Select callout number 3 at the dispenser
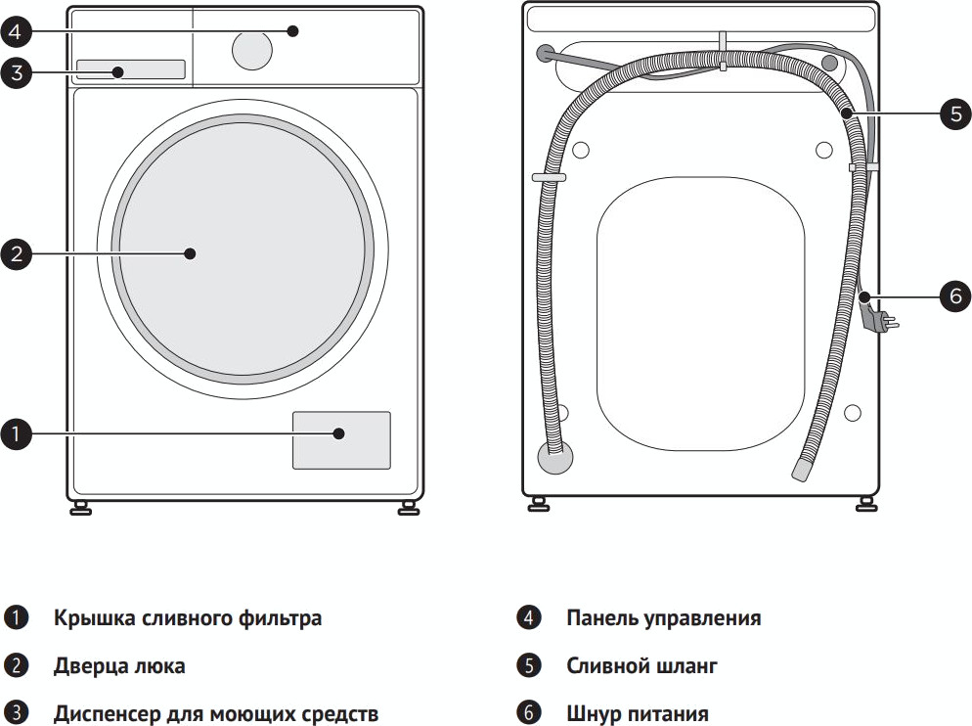point(17,72)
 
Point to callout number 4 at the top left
point(17,31)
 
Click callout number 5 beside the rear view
point(955,113)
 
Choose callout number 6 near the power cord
point(955,295)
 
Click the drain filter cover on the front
point(341,440)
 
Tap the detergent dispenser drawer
point(130,69)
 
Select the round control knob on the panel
point(253,48)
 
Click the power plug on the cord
point(877,319)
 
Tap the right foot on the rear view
point(864,504)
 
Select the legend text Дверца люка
point(119,666)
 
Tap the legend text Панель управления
point(663,618)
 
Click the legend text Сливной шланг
point(641,666)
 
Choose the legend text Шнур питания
point(638,713)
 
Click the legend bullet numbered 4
point(528,618)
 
